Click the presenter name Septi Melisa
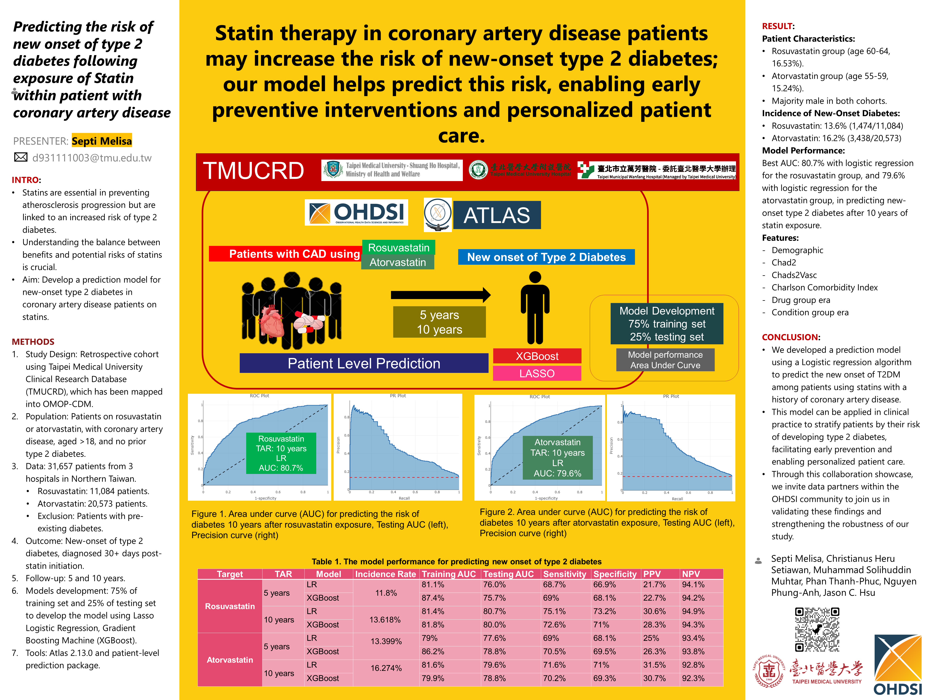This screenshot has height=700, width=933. tap(102, 141)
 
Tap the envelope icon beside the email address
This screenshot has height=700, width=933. tap(21, 157)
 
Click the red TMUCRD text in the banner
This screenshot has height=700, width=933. tap(253, 171)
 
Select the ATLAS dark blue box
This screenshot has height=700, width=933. tap(497, 215)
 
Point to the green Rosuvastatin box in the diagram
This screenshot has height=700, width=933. tap(399, 248)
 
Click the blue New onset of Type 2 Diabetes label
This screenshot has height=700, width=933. tap(546, 257)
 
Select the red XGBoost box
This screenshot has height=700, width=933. tap(537, 356)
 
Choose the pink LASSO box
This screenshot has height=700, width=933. tap(537, 373)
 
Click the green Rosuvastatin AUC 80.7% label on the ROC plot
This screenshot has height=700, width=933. tap(281, 453)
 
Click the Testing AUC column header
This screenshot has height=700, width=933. tap(508, 574)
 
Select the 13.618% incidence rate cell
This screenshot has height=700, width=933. tap(385, 619)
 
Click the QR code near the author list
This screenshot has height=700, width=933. tap(817, 630)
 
